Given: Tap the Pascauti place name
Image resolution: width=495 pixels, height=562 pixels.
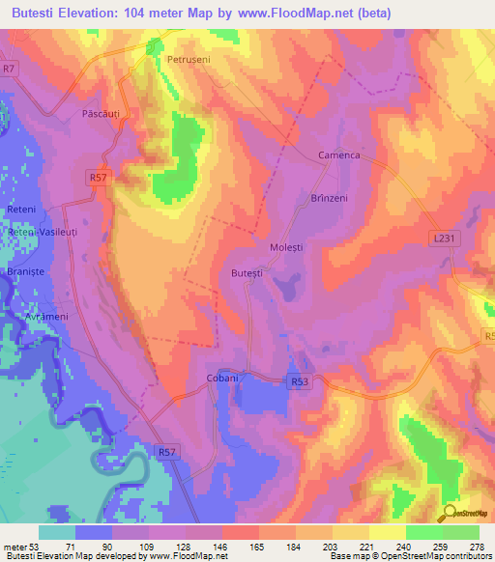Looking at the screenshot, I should [103, 115].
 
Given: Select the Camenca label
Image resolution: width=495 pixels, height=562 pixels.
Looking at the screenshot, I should [338, 155].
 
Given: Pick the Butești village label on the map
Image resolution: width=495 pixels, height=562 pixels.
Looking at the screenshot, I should [247, 274].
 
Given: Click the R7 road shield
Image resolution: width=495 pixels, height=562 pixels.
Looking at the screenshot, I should [10, 69].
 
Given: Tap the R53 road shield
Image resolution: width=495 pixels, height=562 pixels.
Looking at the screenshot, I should [300, 382].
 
